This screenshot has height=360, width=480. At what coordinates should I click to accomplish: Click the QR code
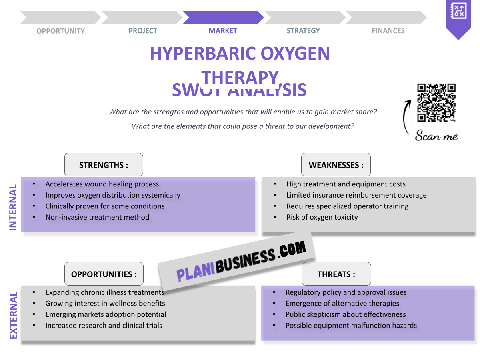coord(436,102)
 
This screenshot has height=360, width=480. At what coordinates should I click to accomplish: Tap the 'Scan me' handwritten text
coord(436,136)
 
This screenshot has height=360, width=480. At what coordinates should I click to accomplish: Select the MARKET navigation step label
coord(223,31)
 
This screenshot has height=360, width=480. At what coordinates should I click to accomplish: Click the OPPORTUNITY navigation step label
coord(61,31)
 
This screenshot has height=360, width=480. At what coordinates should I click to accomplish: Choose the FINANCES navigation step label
coord(388,31)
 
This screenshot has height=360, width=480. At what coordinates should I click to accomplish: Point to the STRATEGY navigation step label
coord(303,31)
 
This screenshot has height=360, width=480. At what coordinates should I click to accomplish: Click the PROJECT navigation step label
coord(143,31)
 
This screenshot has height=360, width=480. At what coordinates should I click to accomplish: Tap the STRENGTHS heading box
coord(104,165)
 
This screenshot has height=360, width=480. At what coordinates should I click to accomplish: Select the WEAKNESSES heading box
coord(336,165)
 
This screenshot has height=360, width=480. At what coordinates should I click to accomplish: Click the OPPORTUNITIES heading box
coord(104,274)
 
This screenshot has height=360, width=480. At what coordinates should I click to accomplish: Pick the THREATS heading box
coord(336,274)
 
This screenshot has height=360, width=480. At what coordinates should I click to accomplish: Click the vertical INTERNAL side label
coord(13,207)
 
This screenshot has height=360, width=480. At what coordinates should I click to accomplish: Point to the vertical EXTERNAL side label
coord(13,316)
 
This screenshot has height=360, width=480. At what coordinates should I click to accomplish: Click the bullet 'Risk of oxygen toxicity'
coord(322,217)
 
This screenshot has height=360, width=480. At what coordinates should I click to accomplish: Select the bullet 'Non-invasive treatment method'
coord(97,217)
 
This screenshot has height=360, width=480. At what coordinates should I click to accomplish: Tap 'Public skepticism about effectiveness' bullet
coord(346,314)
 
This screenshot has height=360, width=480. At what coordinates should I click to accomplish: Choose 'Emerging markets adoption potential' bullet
coord(106,314)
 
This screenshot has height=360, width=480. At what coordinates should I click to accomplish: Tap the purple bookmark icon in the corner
coord(458,18)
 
